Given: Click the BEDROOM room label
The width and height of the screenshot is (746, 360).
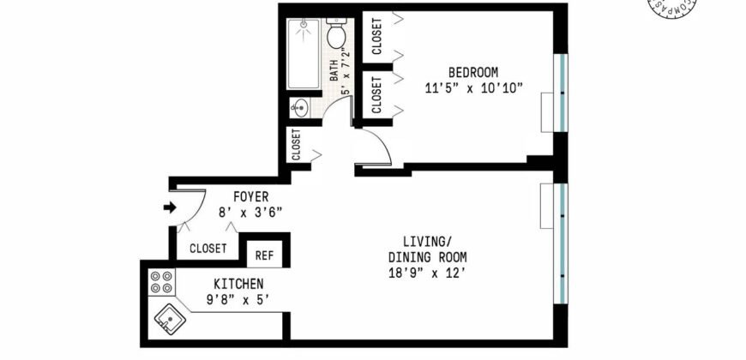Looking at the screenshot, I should pyautogui.click(x=472, y=72).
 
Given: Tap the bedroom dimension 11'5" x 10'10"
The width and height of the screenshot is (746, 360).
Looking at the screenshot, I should pyautogui.click(x=473, y=87).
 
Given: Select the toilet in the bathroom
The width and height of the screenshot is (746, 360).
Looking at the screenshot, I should pyautogui.click(x=336, y=35).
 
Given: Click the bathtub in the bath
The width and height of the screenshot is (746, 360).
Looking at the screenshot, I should pyautogui.click(x=304, y=53).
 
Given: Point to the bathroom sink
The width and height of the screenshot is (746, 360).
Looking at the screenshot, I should pyautogui.click(x=300, y=107).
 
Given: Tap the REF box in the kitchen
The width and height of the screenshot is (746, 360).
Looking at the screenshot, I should pyautogui.click(x=265, y=255).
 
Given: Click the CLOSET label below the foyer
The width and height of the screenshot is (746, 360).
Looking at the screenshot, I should pyautogui.click(x=208, y=249).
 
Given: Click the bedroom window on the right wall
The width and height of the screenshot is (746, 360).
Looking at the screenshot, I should pyautogui.click(x=560, y=93).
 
